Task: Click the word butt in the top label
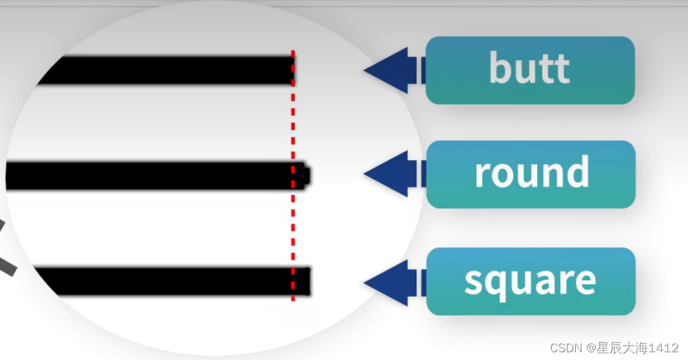(529, 68)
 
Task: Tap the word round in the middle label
(532, 173)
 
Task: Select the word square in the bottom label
(530, 281)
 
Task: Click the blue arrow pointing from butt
(393, 70)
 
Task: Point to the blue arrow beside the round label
(393, 174)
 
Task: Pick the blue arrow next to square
(393, 283)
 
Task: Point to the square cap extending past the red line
(302, 281)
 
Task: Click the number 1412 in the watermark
(663, 348)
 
